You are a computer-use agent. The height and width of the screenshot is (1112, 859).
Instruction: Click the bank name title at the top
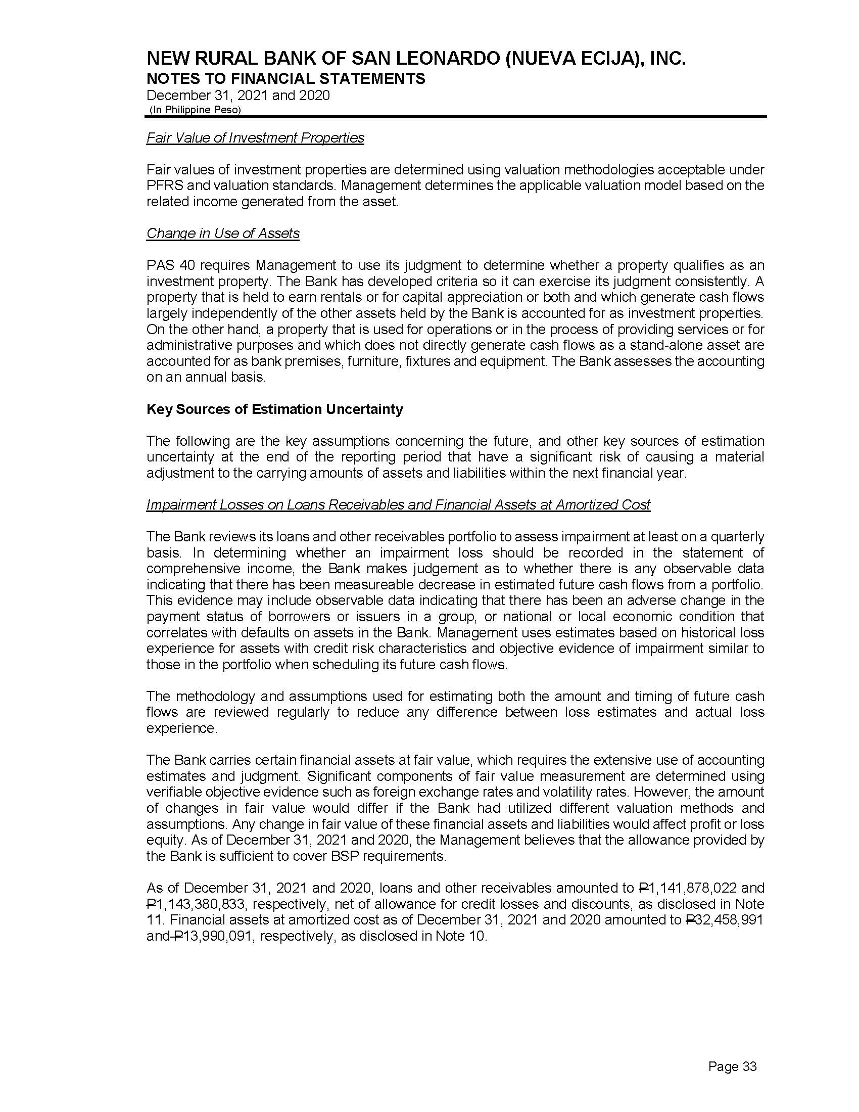coord(416,60)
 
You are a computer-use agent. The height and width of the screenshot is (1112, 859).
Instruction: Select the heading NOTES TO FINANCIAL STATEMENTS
coord(285,79)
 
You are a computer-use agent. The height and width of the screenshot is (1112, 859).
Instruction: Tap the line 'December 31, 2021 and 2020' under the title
coord(237,95)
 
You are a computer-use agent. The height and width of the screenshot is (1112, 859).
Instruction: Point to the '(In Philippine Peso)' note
coord(195,110)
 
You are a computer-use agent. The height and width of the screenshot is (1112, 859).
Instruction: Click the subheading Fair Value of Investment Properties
coord(255,138)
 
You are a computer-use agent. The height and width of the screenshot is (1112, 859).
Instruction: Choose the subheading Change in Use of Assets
coord(223,233)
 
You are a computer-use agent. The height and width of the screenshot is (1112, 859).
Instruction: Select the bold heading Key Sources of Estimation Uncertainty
coord(274,409)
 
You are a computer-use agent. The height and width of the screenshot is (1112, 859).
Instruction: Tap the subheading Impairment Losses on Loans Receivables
coord(398,504)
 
